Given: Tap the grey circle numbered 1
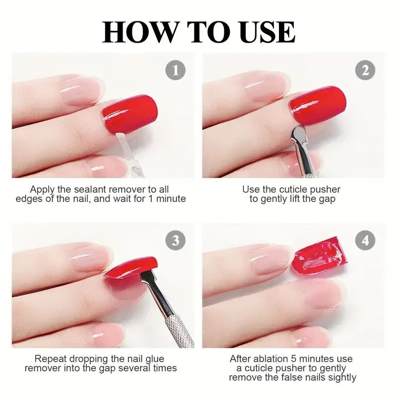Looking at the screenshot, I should pyautogui.click(x=175, y=70).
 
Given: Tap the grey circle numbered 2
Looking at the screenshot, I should pyautogui.click(x=365, y=70).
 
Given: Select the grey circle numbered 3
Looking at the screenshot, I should pyautogui.click(x=175, y=241).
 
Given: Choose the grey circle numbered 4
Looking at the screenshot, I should pyautogui.click(x=365, y=241).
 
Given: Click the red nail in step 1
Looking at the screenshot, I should pyautogui.click(x=130, y=113).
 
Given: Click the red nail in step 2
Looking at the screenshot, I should pyautogui.click(x=318, y=105).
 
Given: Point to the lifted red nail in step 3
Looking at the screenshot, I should pyautogui.click(x=130, y=268).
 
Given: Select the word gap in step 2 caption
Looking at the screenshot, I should pyautogui.click(x=325, y=198).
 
